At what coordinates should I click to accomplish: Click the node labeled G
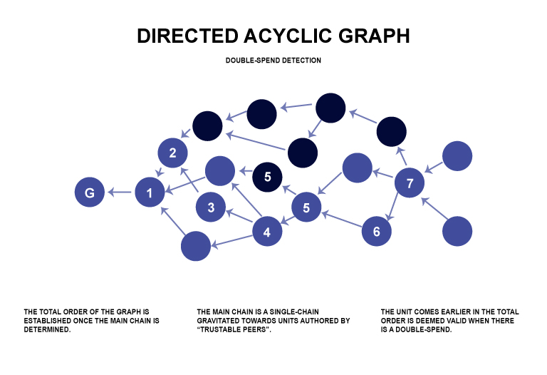tap(90, 192)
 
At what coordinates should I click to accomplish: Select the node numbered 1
tap(150, 192)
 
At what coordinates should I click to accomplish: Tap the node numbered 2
tap(172, 153)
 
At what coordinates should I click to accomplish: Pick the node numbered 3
tap(211, 207)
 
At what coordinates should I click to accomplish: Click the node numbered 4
tap(267, 232)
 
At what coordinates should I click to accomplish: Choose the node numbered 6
tap(377, 231)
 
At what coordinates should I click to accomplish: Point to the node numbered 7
tap(410, 184)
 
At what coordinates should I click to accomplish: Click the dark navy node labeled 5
tap(267, 177)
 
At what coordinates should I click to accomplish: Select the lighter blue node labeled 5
tap(306, 208)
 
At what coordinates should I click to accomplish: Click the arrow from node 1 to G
tap(120, 192)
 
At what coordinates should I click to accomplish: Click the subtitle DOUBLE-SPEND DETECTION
tap(273, 61)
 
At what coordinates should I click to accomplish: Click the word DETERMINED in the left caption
tap(48, 330)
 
